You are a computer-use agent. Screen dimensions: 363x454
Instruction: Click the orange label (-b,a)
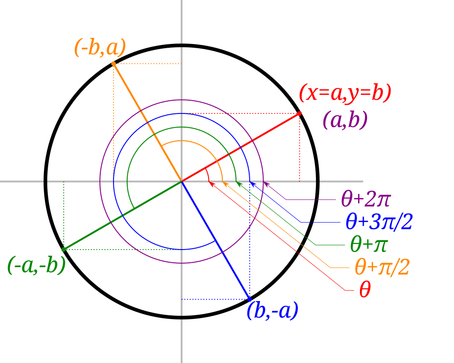click(100, 48)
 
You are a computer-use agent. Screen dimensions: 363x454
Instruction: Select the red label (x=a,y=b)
click(345, 93)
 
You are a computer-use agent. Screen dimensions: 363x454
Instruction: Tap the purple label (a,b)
click(345, 121)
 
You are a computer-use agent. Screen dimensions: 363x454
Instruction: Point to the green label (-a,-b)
click(36, 266)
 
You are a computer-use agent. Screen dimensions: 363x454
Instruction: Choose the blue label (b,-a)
click(272, 311)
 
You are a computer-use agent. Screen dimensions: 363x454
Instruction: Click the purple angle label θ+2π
click(366, 199)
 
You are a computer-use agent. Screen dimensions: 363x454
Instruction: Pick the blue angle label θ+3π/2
click(379, 221)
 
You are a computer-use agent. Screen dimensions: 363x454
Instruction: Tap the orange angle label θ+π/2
click(382, 268)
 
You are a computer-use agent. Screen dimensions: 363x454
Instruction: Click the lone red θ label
click(365, 290)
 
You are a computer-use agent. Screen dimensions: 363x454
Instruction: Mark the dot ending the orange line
click(113, 63)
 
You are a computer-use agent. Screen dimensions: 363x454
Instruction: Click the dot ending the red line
click(300, 113)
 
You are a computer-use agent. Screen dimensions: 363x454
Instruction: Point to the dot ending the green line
click(63, 249)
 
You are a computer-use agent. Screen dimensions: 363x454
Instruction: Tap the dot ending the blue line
click(250, 299)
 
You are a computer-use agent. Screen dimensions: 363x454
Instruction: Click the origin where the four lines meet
click(182, 181)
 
